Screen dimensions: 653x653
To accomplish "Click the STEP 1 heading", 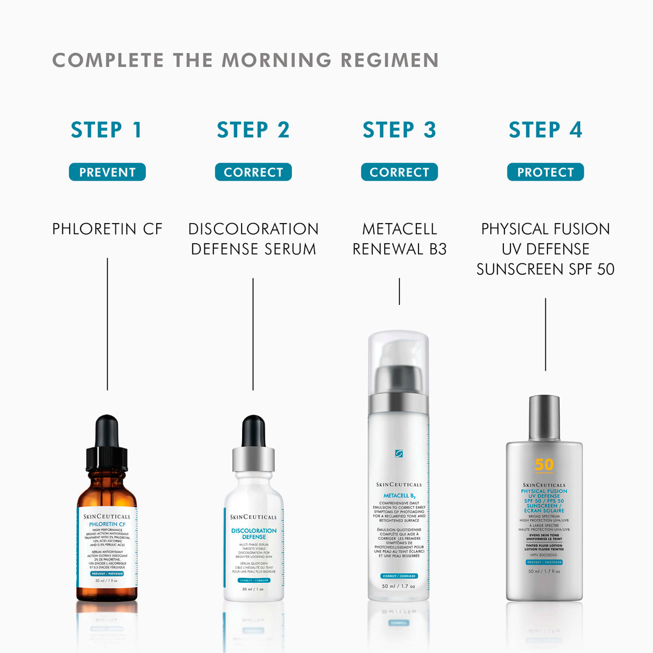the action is (107, 130).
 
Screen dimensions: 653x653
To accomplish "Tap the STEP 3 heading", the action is (399, 130).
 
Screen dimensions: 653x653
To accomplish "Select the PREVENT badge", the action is (107, 172).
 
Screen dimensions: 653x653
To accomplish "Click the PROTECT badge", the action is (545, 172).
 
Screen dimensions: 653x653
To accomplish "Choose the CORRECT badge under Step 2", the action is (253, 172).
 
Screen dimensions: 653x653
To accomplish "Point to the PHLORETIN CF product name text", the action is (107, 229).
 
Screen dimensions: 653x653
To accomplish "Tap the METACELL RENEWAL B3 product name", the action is (399, 239).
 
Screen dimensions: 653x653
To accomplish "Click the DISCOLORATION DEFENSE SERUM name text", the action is (253, 239).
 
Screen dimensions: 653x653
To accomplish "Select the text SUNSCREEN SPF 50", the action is (545, 269).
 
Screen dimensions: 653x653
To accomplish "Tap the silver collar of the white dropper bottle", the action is (253, 459).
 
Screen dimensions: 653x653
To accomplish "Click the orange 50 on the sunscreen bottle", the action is (544, 464).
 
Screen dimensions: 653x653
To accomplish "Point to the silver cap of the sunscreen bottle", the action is (544, 417).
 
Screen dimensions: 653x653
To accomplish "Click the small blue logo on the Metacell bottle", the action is (399, 453).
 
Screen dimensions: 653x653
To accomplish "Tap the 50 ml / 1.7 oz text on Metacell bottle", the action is (399, 586).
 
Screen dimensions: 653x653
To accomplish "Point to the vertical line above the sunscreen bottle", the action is (545, 334).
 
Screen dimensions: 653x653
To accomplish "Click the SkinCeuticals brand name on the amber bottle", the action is (107, 516).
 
